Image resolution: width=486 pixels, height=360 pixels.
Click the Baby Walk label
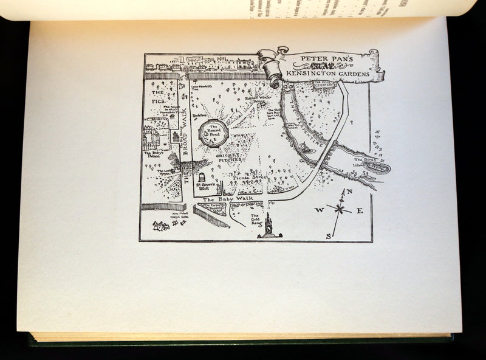tap(226, 199)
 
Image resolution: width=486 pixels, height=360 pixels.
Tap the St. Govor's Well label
tap(202, 189)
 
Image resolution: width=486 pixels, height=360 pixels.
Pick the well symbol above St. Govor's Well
tap(201, 178)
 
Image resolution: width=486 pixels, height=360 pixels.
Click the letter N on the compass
tap(349, 192)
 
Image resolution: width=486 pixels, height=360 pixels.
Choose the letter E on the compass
tap(360, 211)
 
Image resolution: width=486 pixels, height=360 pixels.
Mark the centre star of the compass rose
tap(339, 210)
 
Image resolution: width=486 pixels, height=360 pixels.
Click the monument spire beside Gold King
tap(268, 224)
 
